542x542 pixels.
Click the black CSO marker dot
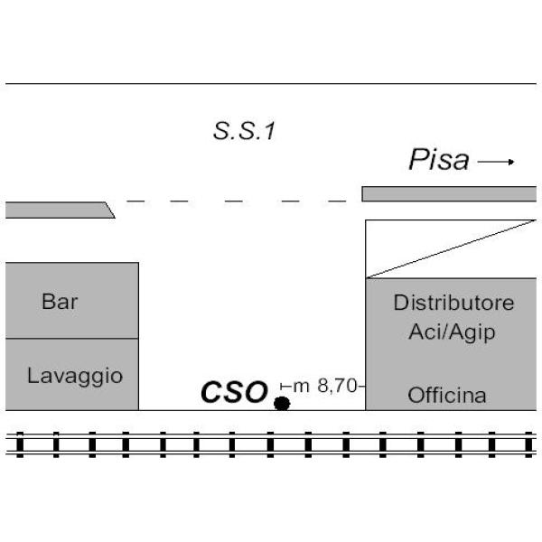[282, 404]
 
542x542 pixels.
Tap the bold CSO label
[234, 392]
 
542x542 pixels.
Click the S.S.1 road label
[245, 131]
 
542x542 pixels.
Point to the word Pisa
[439, 159]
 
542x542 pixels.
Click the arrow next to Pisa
[496, 162]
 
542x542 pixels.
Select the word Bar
[60, 301]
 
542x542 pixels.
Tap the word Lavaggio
[75, 376]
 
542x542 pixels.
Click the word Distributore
[453, 303]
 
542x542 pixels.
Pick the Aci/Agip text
[452, 332]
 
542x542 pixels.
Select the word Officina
[447, 395]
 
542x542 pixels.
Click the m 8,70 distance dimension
[322, 386]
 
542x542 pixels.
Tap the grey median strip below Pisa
[449, 194]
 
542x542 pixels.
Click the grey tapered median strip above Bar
[61, 210]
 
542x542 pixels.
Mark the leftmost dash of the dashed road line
[135, 201]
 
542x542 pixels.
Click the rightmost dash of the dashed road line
[337, 201]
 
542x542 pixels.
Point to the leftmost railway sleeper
[20, 444]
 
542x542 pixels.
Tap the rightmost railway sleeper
[528, 444]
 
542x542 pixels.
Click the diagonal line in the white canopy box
[451, 249]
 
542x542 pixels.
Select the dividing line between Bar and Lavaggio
[72, 339]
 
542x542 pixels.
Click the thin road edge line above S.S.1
[271, 84]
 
